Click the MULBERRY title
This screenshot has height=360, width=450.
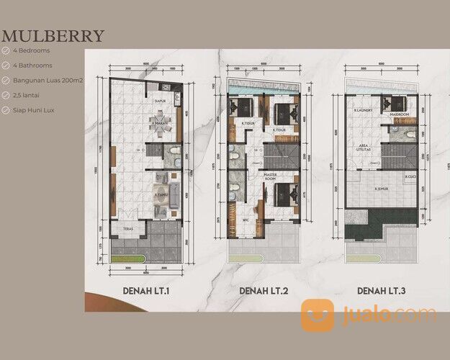click(x=53, y=36)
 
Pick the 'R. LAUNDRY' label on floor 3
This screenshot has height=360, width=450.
click(x=367, y=110)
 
